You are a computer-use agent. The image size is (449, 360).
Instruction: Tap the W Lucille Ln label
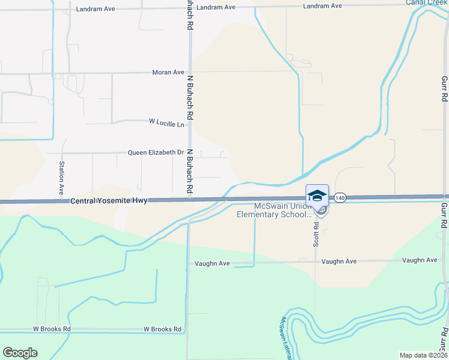[167, 123]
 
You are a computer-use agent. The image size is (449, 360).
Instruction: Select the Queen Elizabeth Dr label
[155, 152]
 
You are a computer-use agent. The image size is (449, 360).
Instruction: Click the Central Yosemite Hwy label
[109, 201]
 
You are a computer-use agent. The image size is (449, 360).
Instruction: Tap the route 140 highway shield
[340, 197]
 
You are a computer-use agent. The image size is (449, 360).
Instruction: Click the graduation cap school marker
[317, 196]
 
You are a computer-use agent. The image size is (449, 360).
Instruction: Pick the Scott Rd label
[316, 234]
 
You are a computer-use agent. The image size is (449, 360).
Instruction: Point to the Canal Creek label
[427, 2]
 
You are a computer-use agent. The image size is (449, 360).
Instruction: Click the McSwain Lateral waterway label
[281, 338]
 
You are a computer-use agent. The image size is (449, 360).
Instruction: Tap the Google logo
[20, 353]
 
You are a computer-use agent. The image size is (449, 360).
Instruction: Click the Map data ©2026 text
[424, 355]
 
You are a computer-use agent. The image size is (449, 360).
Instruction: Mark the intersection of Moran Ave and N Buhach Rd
[190, 73]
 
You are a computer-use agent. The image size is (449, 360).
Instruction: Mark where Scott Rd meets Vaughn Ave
[316, 262]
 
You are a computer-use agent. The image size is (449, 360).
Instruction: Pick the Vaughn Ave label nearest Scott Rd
[339, 262]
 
